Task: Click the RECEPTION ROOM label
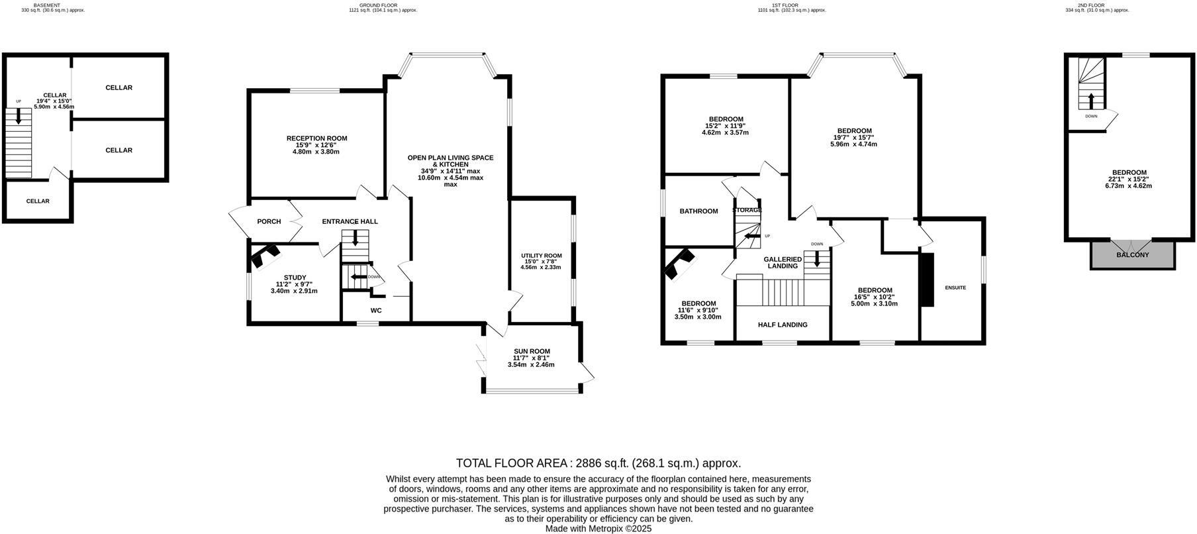point(316,138)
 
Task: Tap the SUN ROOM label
point(532,352)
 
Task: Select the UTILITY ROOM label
point(541,256)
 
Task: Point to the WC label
point(376,311)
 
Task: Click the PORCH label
point(269,222)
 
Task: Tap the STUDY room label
point(295,278)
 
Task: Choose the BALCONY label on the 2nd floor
point(1132,255)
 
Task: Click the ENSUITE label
point(955,288)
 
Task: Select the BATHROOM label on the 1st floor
point(698,211)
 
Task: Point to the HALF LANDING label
point(783,325)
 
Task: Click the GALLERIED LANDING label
point(783,262)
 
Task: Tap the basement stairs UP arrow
point(19,115)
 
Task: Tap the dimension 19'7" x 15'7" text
point(853,137)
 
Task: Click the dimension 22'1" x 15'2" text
point(1128,179)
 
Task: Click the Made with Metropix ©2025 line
point(598,529)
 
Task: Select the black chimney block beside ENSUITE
point(927,280)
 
